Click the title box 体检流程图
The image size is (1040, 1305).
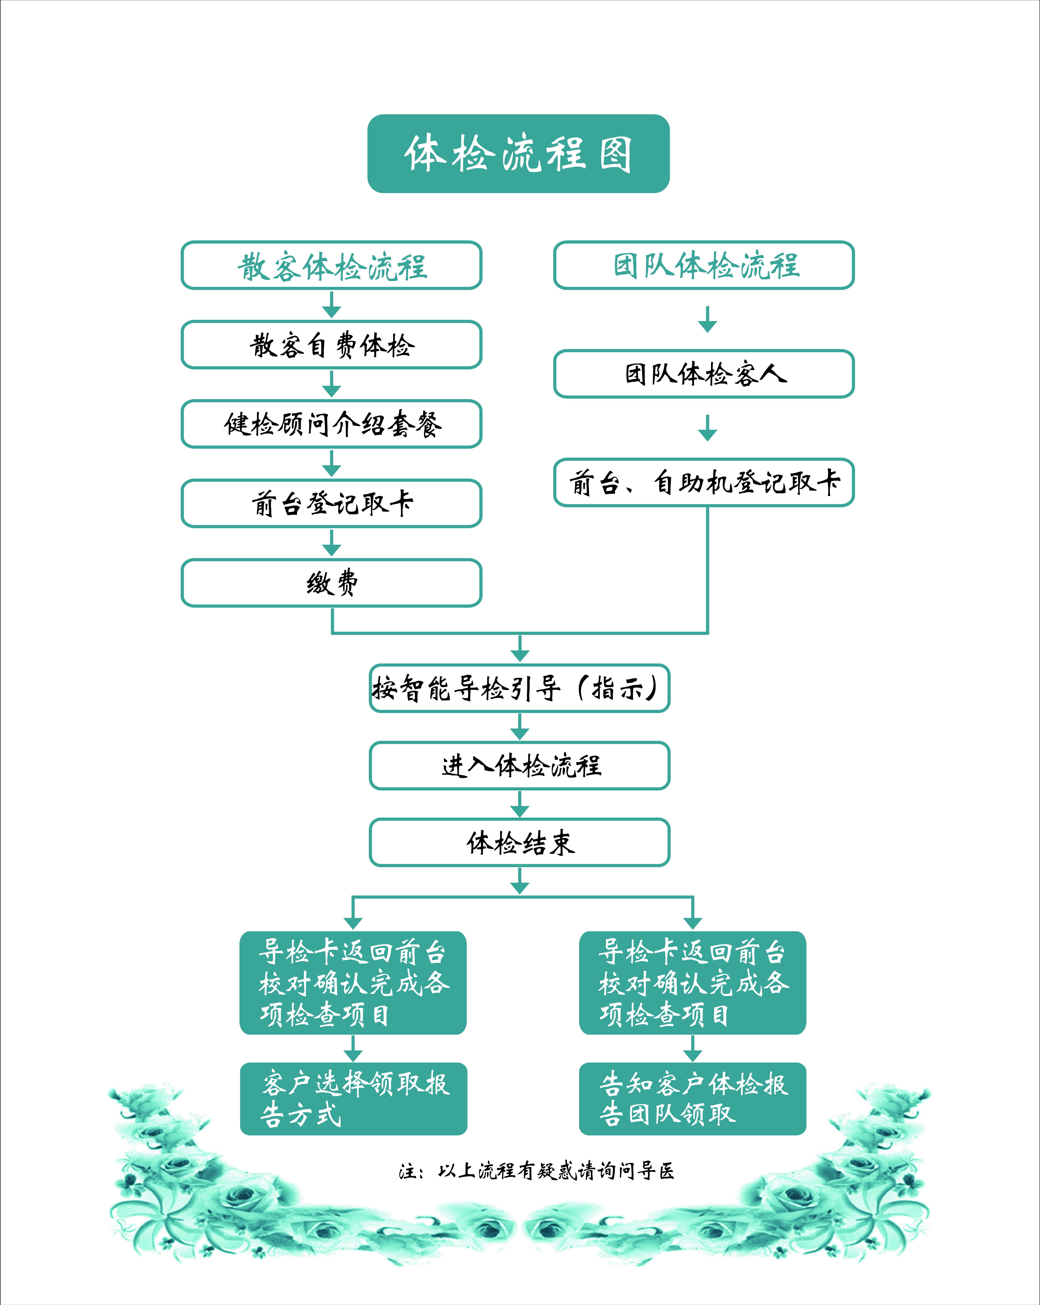point(519,154)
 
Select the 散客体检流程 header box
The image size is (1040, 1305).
point(331,265)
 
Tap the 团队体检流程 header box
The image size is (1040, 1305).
point(704,265)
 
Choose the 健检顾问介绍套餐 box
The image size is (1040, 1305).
point(331,424)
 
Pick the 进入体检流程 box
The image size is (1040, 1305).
point(520,766)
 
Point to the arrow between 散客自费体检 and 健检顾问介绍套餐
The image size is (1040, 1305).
point(331,384)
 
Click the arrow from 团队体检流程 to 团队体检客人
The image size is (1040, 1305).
point(708,319)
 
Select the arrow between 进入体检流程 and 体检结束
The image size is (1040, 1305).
point(520,804)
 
